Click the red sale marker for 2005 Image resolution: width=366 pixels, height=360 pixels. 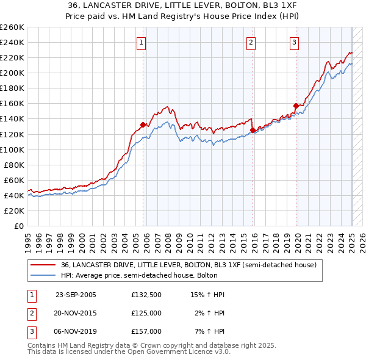point(143,124)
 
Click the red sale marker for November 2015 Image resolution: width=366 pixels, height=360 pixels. point(253,130)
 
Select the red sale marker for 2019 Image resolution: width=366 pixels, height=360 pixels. point(296,106)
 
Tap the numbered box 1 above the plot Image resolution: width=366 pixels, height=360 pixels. point(141,42)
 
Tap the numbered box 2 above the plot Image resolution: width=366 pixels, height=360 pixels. point(251,42)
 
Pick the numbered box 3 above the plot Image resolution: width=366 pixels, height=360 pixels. point(294,42)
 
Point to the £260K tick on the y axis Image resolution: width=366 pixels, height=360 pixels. point(12,27)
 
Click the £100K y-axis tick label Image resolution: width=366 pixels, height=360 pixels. point(12,149)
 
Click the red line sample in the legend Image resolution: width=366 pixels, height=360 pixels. point(42,265)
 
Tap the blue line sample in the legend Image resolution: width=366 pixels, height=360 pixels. point(42,275)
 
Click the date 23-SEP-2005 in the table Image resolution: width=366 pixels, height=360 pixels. point(76,295)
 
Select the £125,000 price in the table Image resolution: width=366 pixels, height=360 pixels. point(146,313)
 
